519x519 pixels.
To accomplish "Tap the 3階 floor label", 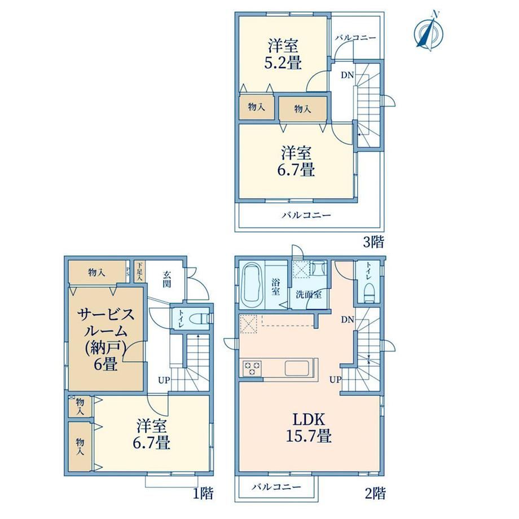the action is tap(373, 242).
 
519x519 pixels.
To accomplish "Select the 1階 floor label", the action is tap(203, 494).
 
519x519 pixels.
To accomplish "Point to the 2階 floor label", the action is tap(375, 494).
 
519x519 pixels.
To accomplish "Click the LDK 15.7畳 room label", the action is tap(309, 427).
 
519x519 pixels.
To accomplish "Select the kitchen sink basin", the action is tap(297, 368).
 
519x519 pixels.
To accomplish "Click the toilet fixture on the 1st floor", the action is tap(199, 319).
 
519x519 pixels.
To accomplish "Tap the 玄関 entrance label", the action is tap(167, 279).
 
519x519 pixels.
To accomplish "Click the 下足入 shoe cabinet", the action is tap(140, 271).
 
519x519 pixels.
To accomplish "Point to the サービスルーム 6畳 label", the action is tap(106, 339).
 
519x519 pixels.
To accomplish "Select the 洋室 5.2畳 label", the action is tap(283, 54).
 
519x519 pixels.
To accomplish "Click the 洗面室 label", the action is tap(309, 294).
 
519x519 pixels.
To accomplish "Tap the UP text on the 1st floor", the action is tap(164, 380).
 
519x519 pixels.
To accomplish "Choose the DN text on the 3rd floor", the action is tap(348, 75).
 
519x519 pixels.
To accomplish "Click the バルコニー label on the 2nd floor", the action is tap(276, 487).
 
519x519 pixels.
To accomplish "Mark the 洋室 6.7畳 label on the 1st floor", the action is tap(152, 434).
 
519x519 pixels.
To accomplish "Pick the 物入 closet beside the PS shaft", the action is tap(96, 272).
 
